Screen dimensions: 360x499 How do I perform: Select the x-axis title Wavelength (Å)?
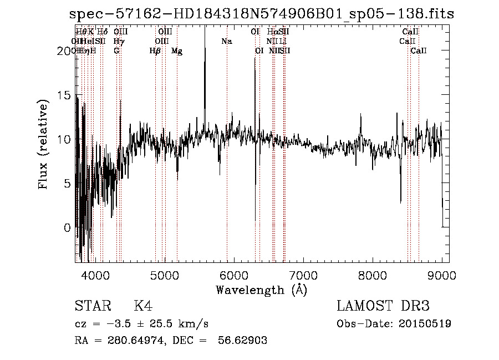point(261,290)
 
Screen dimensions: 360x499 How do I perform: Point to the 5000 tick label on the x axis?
point(164,275)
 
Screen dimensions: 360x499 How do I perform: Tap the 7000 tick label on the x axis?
point(303,275)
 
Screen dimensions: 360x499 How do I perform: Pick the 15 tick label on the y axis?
point(64,95)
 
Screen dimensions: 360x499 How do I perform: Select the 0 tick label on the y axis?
point(68,227)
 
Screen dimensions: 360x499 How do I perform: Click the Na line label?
point(226,41)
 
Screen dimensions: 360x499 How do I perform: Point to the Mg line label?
point(177,51)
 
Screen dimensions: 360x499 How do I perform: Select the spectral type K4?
point(142,306)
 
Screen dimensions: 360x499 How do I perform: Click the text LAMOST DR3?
point(383,306)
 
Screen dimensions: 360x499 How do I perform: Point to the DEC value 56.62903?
point(245,341)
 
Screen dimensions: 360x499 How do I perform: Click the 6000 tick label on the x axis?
point(233,275)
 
